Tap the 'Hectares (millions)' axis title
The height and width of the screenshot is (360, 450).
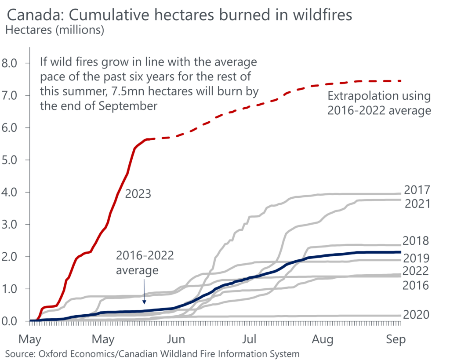[54, 30]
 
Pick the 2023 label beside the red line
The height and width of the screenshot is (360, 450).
[138, 193]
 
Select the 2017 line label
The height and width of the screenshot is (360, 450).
[417, 190]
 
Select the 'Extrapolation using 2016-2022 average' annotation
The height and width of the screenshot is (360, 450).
[379, 103]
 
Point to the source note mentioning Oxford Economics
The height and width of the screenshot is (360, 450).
[152, 353]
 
